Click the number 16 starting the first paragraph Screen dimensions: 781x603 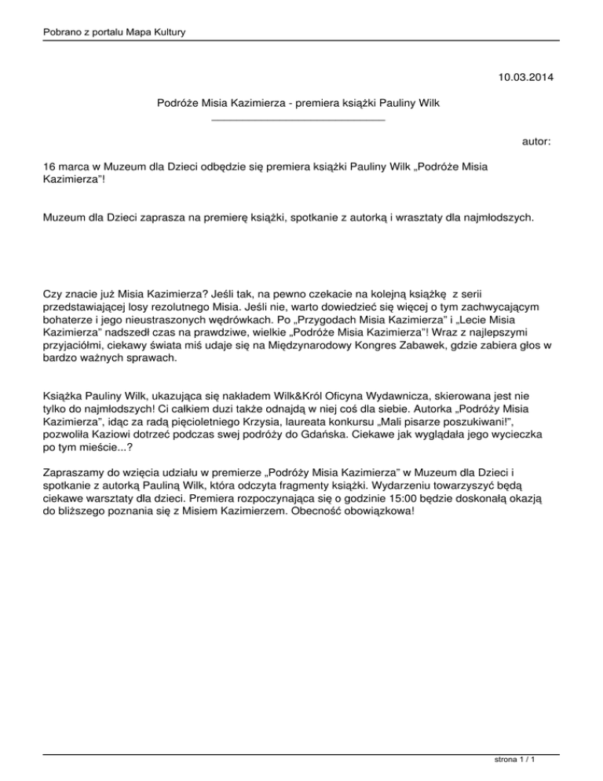(50, 167)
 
